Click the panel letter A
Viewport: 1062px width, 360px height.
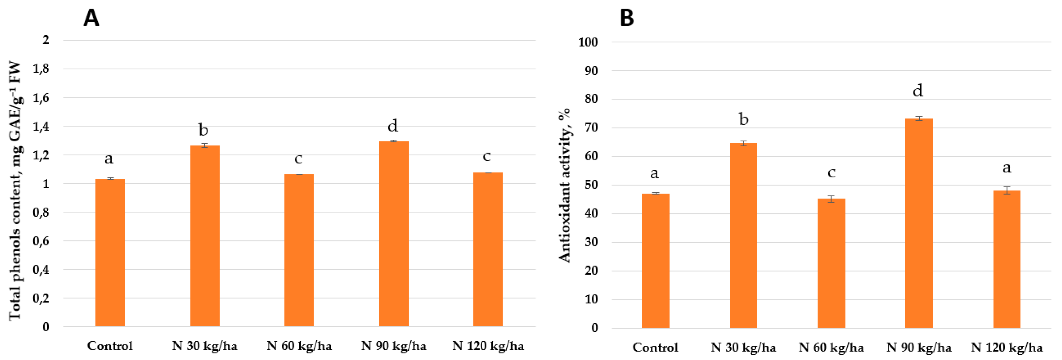coord(91,18)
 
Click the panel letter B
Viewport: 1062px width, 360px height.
coord(627,18)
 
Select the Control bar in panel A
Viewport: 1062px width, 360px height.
coord(110,252)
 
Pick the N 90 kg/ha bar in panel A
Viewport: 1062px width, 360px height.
coord(394,234)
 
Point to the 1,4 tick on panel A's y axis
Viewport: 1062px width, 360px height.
coord(41,126)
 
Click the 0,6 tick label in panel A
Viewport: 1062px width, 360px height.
coord(41,241)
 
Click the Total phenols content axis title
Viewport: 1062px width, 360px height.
coord(15,191)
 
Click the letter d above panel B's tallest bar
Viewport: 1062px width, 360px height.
coord(918,90)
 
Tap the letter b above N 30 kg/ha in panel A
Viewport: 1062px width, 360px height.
coord(203,130)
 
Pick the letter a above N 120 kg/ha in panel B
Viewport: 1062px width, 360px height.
coord(1007,167)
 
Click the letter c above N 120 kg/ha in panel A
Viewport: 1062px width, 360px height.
coord(487,156)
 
